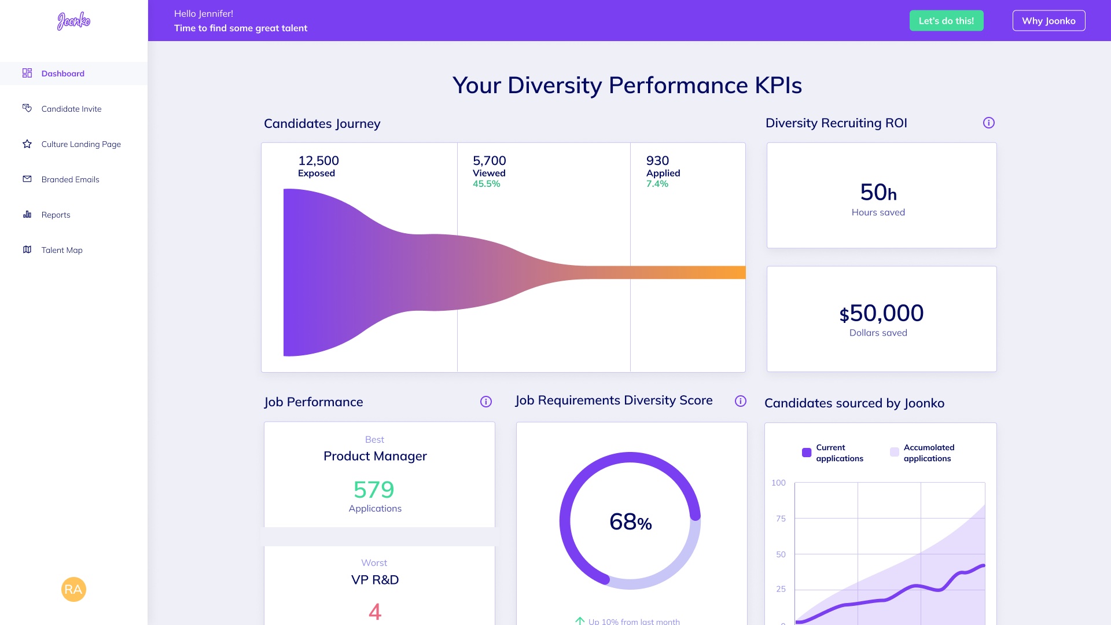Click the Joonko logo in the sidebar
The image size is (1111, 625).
tap(73, 21)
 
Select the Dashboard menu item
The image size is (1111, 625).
tap(62, 73)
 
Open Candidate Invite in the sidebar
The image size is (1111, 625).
tap(71, 109)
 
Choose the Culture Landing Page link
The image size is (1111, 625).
tap(81, 144)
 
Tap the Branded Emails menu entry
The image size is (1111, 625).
tap(70, 179)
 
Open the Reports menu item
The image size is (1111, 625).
tap(56, 215)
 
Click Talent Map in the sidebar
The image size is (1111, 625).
tap(62, 250)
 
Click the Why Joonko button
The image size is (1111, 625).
tap(1049, 21)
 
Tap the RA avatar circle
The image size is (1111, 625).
tap(73, 589)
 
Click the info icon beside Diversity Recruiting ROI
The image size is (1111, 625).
tap(989, 123)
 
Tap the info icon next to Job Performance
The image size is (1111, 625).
tap(486, 402)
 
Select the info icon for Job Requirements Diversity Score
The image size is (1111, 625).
tap(741, 401)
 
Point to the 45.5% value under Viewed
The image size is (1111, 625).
tap(486, 184)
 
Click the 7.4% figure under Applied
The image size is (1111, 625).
tap(657, 184)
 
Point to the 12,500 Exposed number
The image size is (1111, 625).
tap(318, 161)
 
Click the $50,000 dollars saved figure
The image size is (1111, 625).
tap(881, 314)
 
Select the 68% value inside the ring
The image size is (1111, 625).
tap(630, 522)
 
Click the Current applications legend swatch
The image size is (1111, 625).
tap(807, 453)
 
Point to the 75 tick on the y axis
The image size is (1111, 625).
tap(781, 519)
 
